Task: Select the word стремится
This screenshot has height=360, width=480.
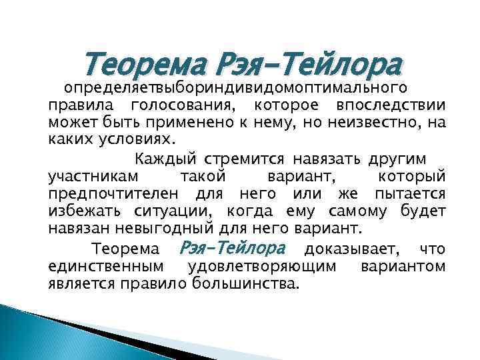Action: [x=243, y=159]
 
